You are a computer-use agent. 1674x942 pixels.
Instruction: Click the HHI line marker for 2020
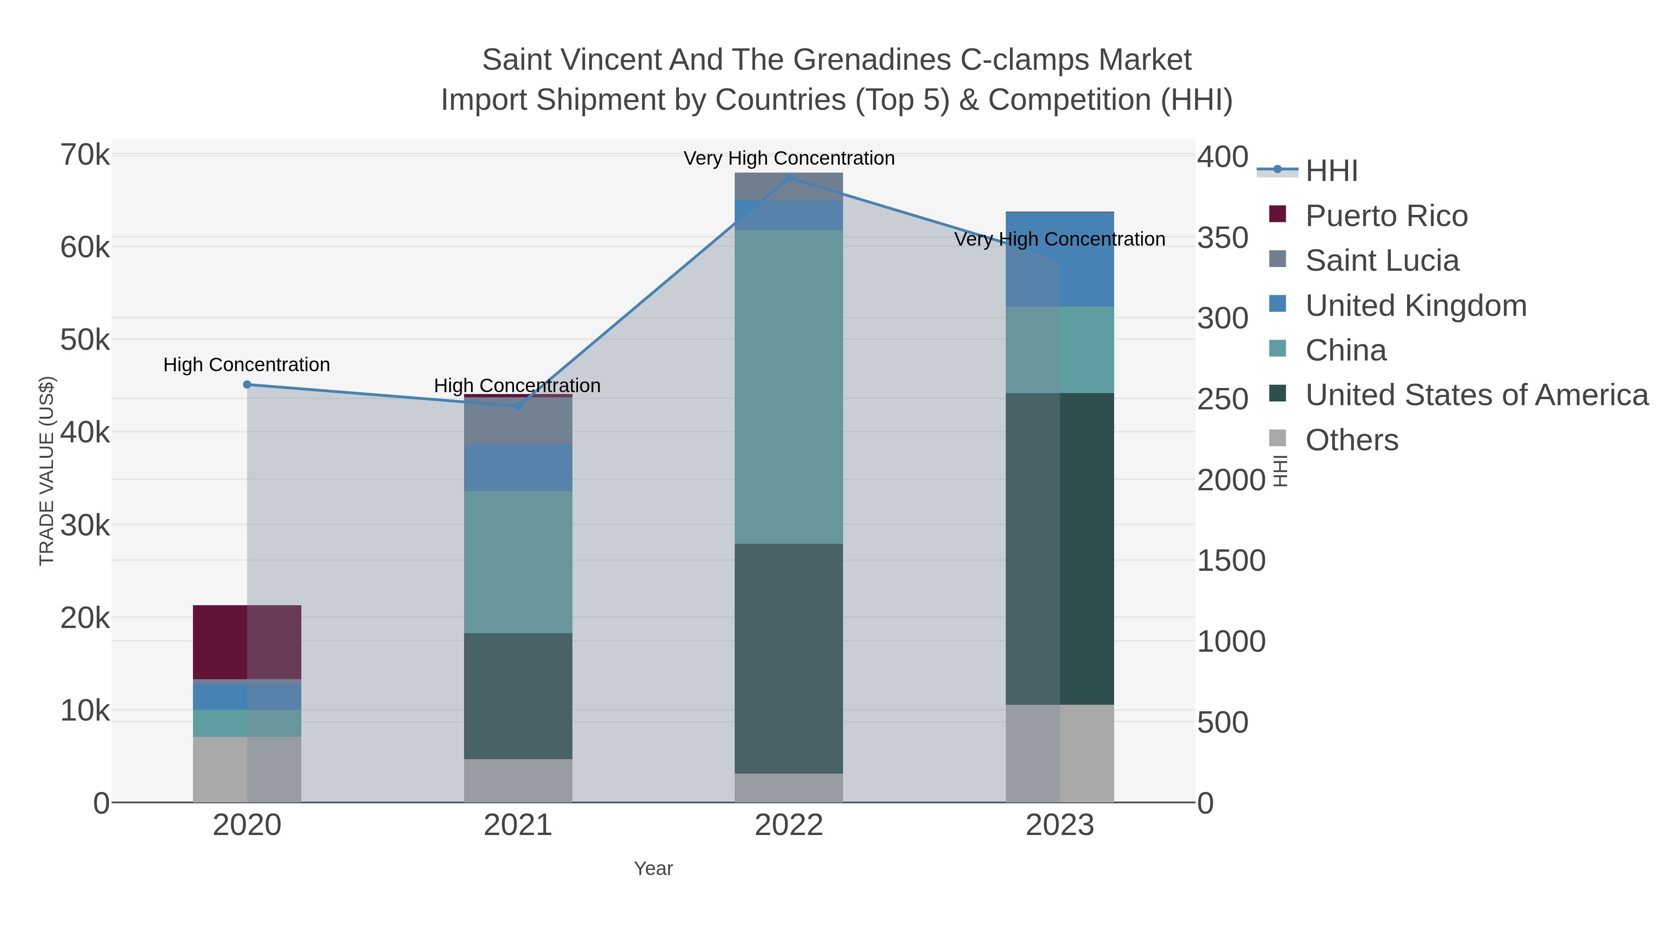pos(247,385)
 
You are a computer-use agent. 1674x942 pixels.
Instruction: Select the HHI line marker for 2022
pos(789,178)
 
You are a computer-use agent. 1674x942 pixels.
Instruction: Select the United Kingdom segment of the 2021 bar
pos(518,468)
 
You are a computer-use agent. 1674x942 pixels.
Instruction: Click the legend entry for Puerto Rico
pos(1386,216)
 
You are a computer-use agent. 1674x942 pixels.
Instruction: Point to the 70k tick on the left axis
pos(85,155)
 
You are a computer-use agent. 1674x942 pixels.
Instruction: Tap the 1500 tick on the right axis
pos(1231,561)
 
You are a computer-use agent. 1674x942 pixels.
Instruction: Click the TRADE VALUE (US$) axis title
pos(47,471)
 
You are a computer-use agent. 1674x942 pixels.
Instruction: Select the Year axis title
pos(653,869)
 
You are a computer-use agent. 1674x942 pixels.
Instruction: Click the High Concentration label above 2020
pos(247,365)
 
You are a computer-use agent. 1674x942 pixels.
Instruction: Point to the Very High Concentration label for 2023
pos(1059,239)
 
